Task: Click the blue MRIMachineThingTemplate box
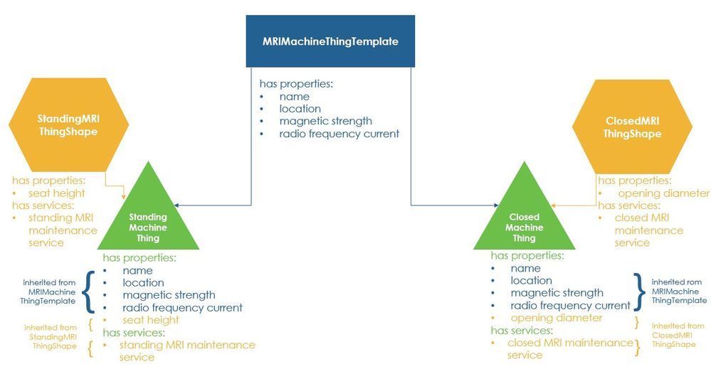tap(330, 41)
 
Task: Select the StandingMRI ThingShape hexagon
tap(68, 125)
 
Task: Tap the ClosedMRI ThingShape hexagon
tap(632, 127)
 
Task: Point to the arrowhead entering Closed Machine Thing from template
tap(496, 205)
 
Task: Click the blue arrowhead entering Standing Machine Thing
tap(177, 205)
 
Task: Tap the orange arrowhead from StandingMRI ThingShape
tap(124, 196)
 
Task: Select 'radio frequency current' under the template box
tap(339, 134)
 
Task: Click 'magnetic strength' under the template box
tap(325, 121)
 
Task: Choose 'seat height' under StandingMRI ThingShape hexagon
tap(57, 193)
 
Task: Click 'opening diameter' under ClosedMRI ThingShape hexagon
tap(663, 193)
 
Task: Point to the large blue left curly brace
tap(90, 292)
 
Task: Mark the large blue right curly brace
tap(640, 292)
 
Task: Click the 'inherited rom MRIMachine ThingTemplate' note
tap(679, 291)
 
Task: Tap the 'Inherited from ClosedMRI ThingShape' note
tap(678, 335)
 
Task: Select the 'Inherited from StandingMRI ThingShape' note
tap(51, 337)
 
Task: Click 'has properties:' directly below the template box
tap(296, 84)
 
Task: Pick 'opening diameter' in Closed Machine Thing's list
tap(557, 318)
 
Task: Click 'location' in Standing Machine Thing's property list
tap(143, 282)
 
